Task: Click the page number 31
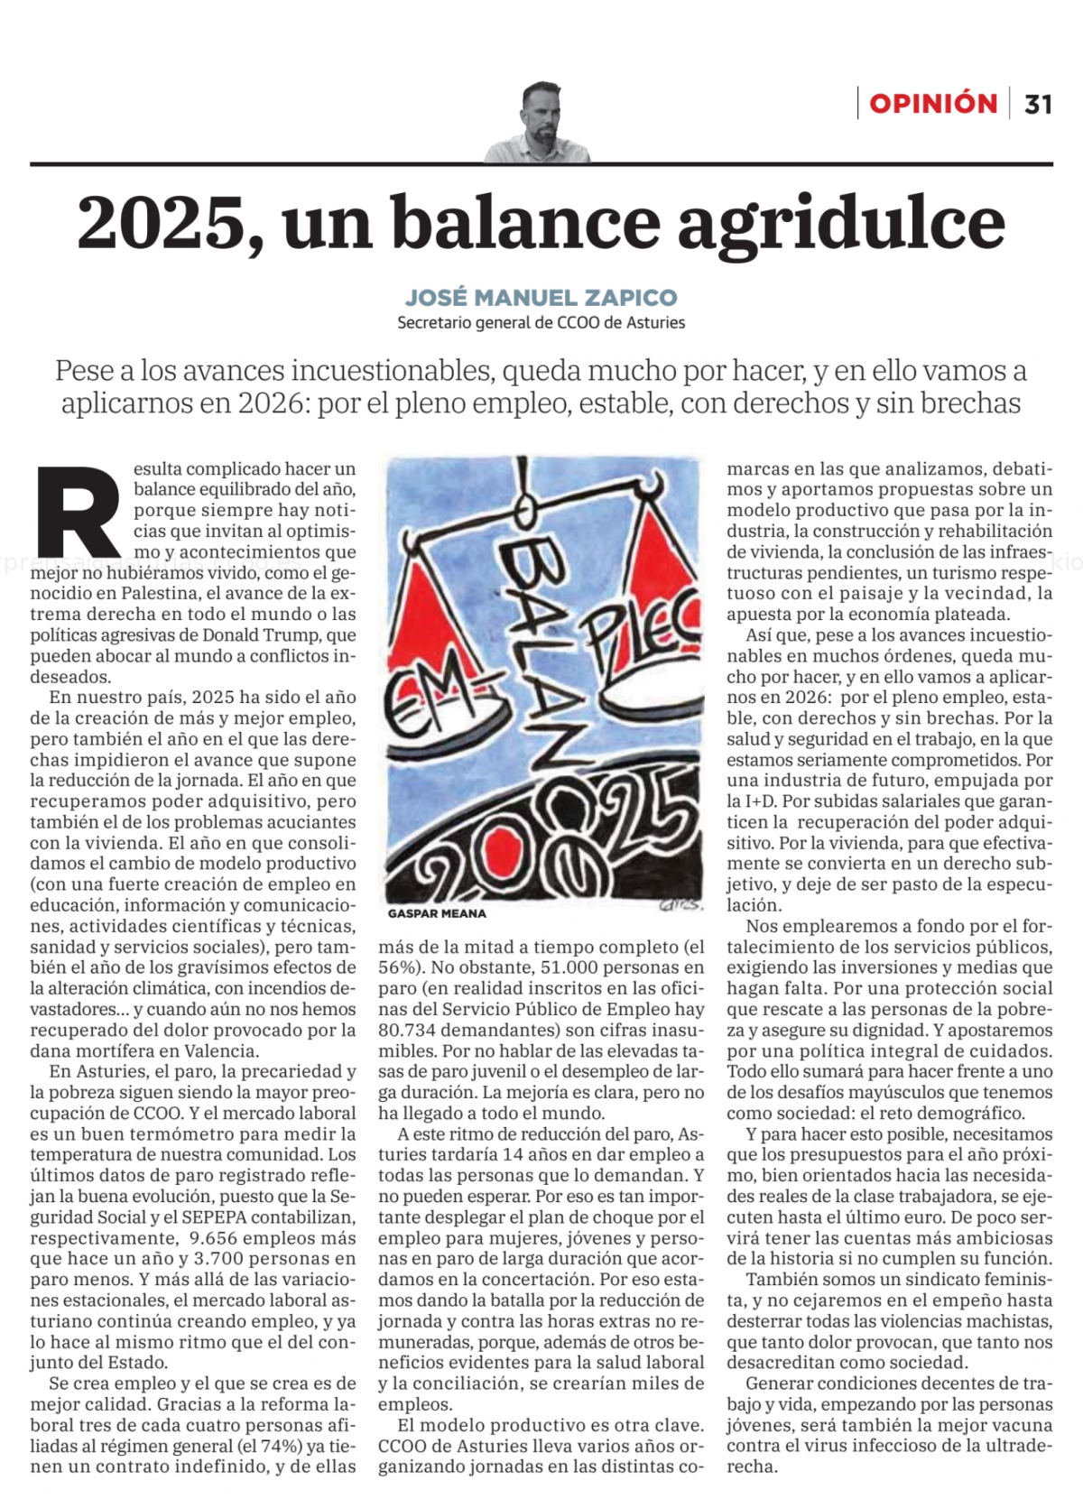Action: [x=1038, y=105]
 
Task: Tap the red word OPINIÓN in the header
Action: [x=932, y=104]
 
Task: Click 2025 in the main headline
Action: [x=162, y=224]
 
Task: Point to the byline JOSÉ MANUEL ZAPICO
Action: [x=541, y=297]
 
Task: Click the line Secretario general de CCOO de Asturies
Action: [x=541, y=322]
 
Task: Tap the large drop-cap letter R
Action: [x=78, y=512]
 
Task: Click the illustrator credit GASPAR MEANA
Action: [x=437, y=913]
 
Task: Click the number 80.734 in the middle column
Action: [x=407, y=1030]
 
